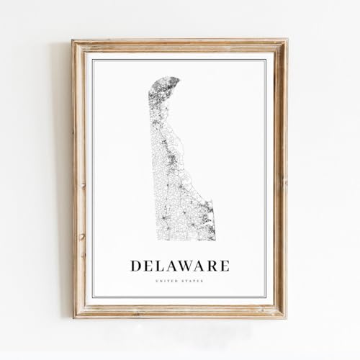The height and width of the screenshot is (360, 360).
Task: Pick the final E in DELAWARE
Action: pos(225,266)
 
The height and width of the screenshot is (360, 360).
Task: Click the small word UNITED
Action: pos(171,281)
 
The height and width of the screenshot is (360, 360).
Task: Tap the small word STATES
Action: pos(192,281)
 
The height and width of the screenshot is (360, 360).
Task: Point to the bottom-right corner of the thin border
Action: pos(266,297)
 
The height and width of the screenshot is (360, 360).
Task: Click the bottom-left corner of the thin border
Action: pos(92,297)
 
